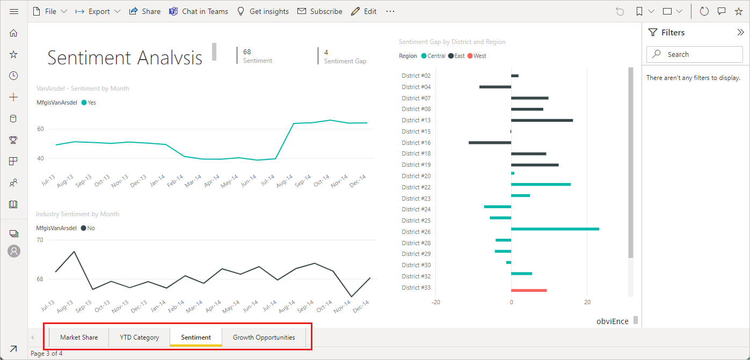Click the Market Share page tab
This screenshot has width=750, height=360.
pos(79,337)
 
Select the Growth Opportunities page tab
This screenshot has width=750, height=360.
pos(264,337)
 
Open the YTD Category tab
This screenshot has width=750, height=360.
pos(139,337)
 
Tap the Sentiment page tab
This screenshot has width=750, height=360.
pos(195,337)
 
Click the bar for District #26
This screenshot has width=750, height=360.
pos(555,229)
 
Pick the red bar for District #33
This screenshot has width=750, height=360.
pos(529,290)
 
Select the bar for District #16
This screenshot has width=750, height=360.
pos(490,143)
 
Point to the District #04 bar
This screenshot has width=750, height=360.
pos(495,87)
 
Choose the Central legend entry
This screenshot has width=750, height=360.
pos(433,56)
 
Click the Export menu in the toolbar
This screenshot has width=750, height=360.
pos(98,11)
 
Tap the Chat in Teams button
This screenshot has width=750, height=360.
pos(199,11)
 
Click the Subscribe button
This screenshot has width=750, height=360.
pos(320,11)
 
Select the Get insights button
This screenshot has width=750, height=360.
pos(263,11)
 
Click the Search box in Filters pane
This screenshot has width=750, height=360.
pos(695,54)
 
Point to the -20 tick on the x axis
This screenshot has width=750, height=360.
pos(436,302)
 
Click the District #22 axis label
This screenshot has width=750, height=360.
pos(416,187)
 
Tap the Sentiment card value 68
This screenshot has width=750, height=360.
pos(247,52)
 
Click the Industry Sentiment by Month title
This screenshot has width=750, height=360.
pos(77,214)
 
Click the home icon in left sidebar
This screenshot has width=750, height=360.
pos(14,33)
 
